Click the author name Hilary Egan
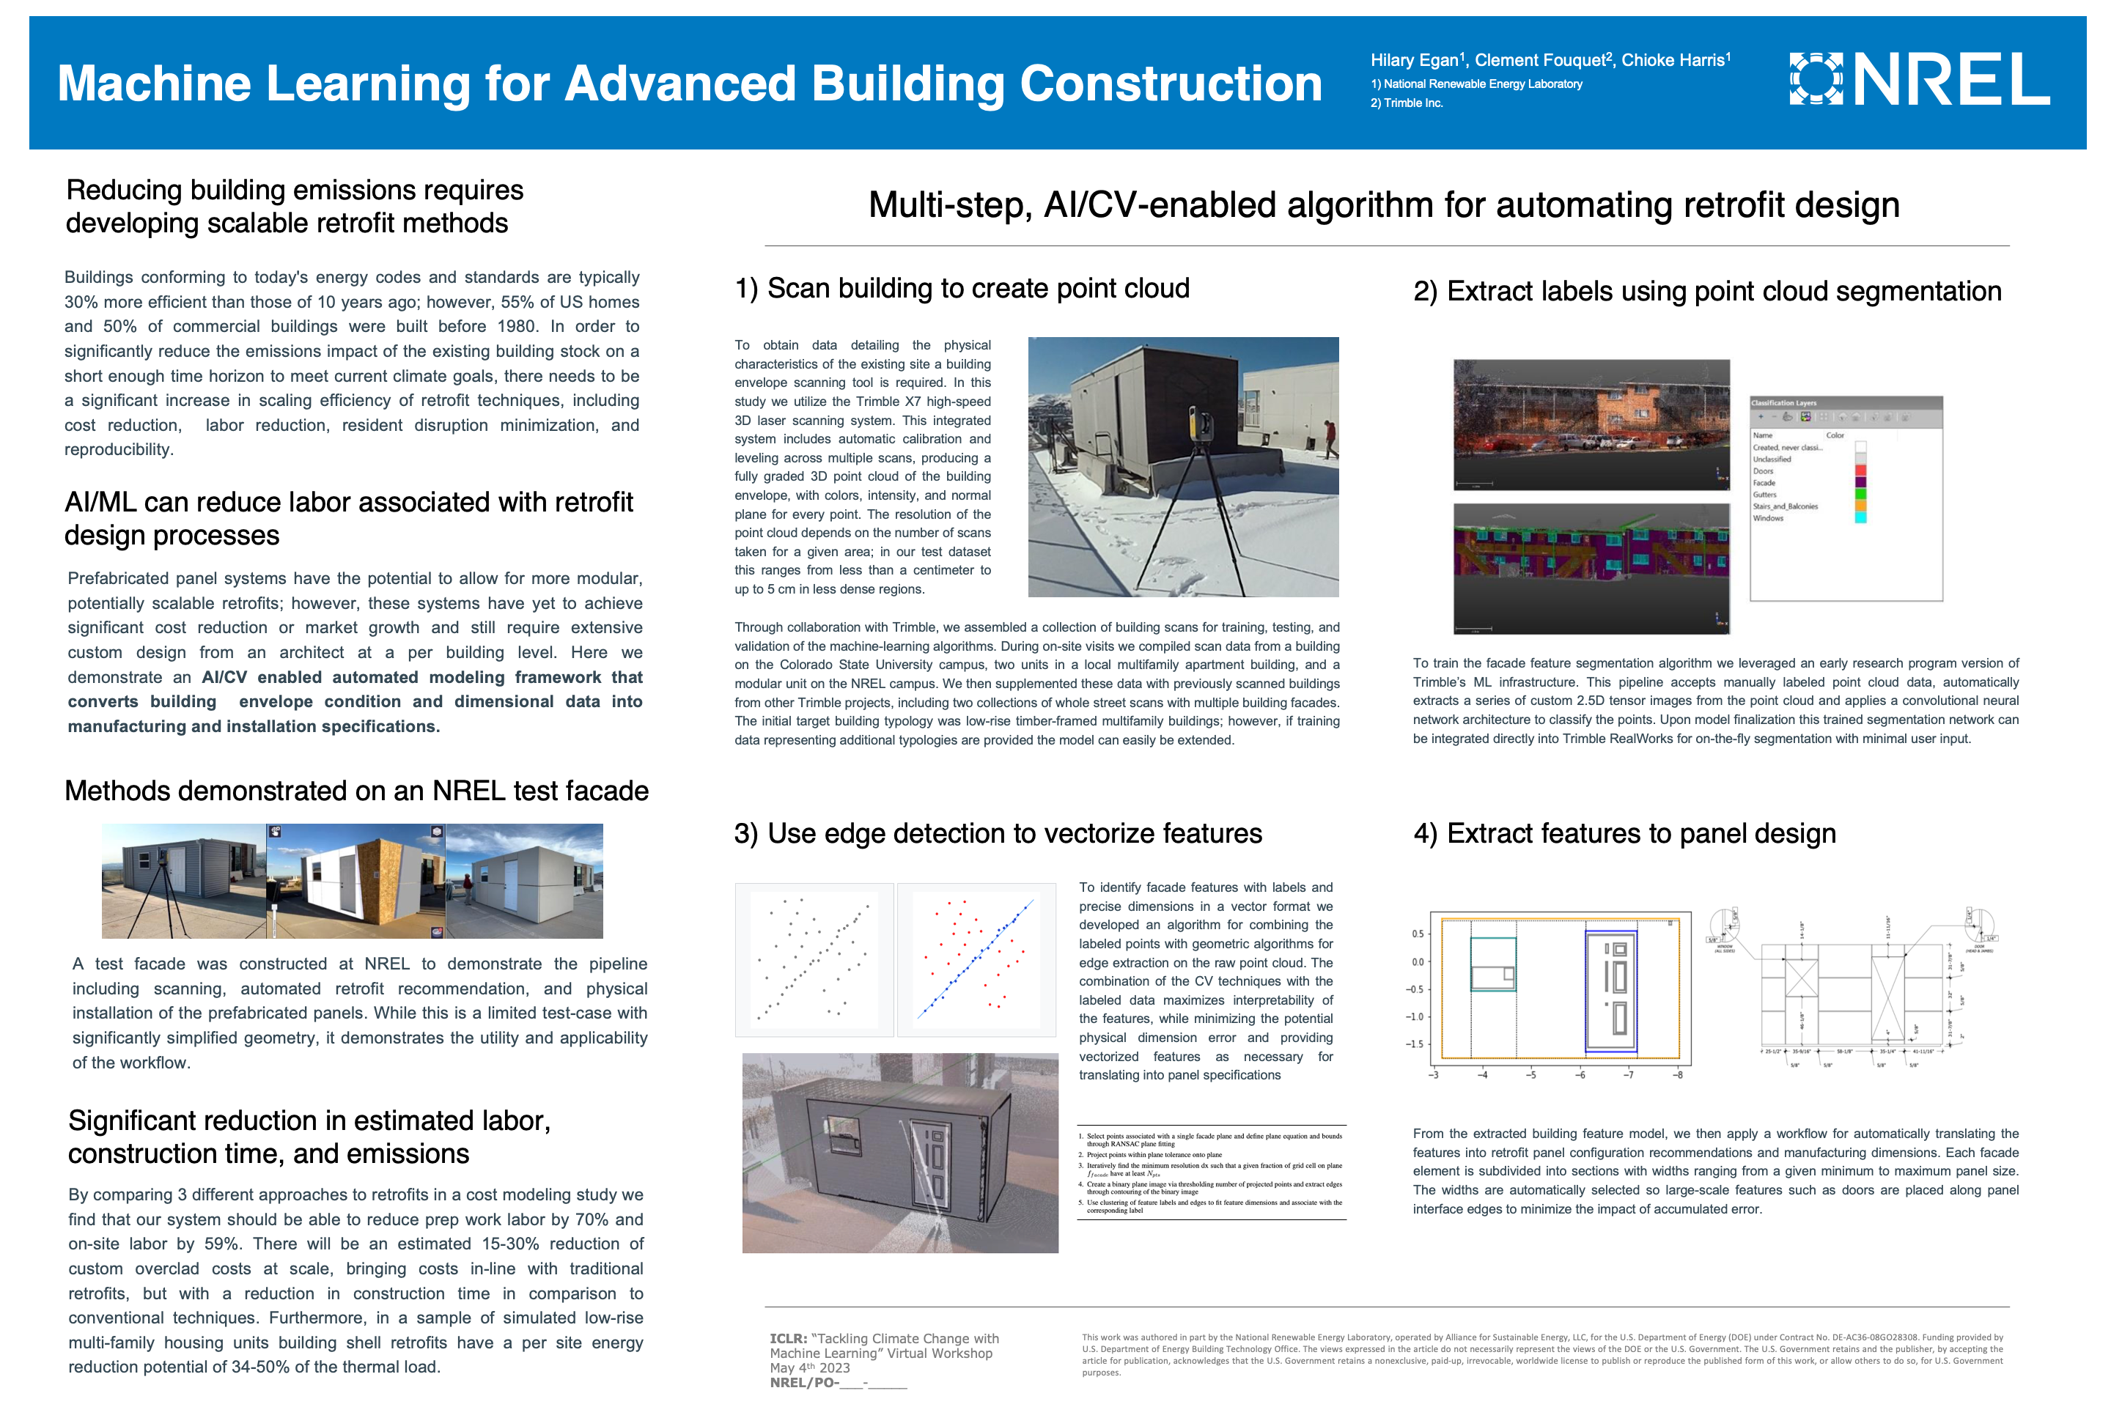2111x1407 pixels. click(x=1414, y=60)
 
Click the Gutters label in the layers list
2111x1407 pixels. click(x=1764, y=495)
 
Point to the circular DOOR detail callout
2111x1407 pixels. click(x=1979, y=925)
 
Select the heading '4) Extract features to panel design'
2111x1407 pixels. click(x=1624, y=834)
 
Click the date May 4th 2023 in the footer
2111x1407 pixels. click(x=809, y=1367)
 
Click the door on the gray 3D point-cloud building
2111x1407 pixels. click(x=931, y=1155)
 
